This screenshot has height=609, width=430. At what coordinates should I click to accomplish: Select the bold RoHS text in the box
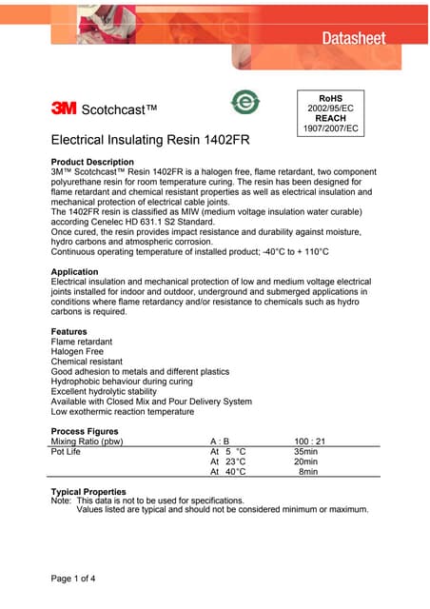coord(330,97)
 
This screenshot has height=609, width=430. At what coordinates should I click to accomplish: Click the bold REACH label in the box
coord(330,118)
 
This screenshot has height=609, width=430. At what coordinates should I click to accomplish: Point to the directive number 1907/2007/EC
coord(330,128)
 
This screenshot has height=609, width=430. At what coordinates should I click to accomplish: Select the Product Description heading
coord(92,162)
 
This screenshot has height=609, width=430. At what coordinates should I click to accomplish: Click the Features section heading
coord(72,332)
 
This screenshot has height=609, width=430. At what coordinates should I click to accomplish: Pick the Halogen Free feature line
coord(77,352)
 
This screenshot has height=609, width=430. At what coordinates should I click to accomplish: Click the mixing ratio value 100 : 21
coord(310,442)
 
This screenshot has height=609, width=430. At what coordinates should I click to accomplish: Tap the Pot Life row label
coord(66,452)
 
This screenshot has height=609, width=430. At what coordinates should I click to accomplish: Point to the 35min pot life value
coord(305,452)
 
